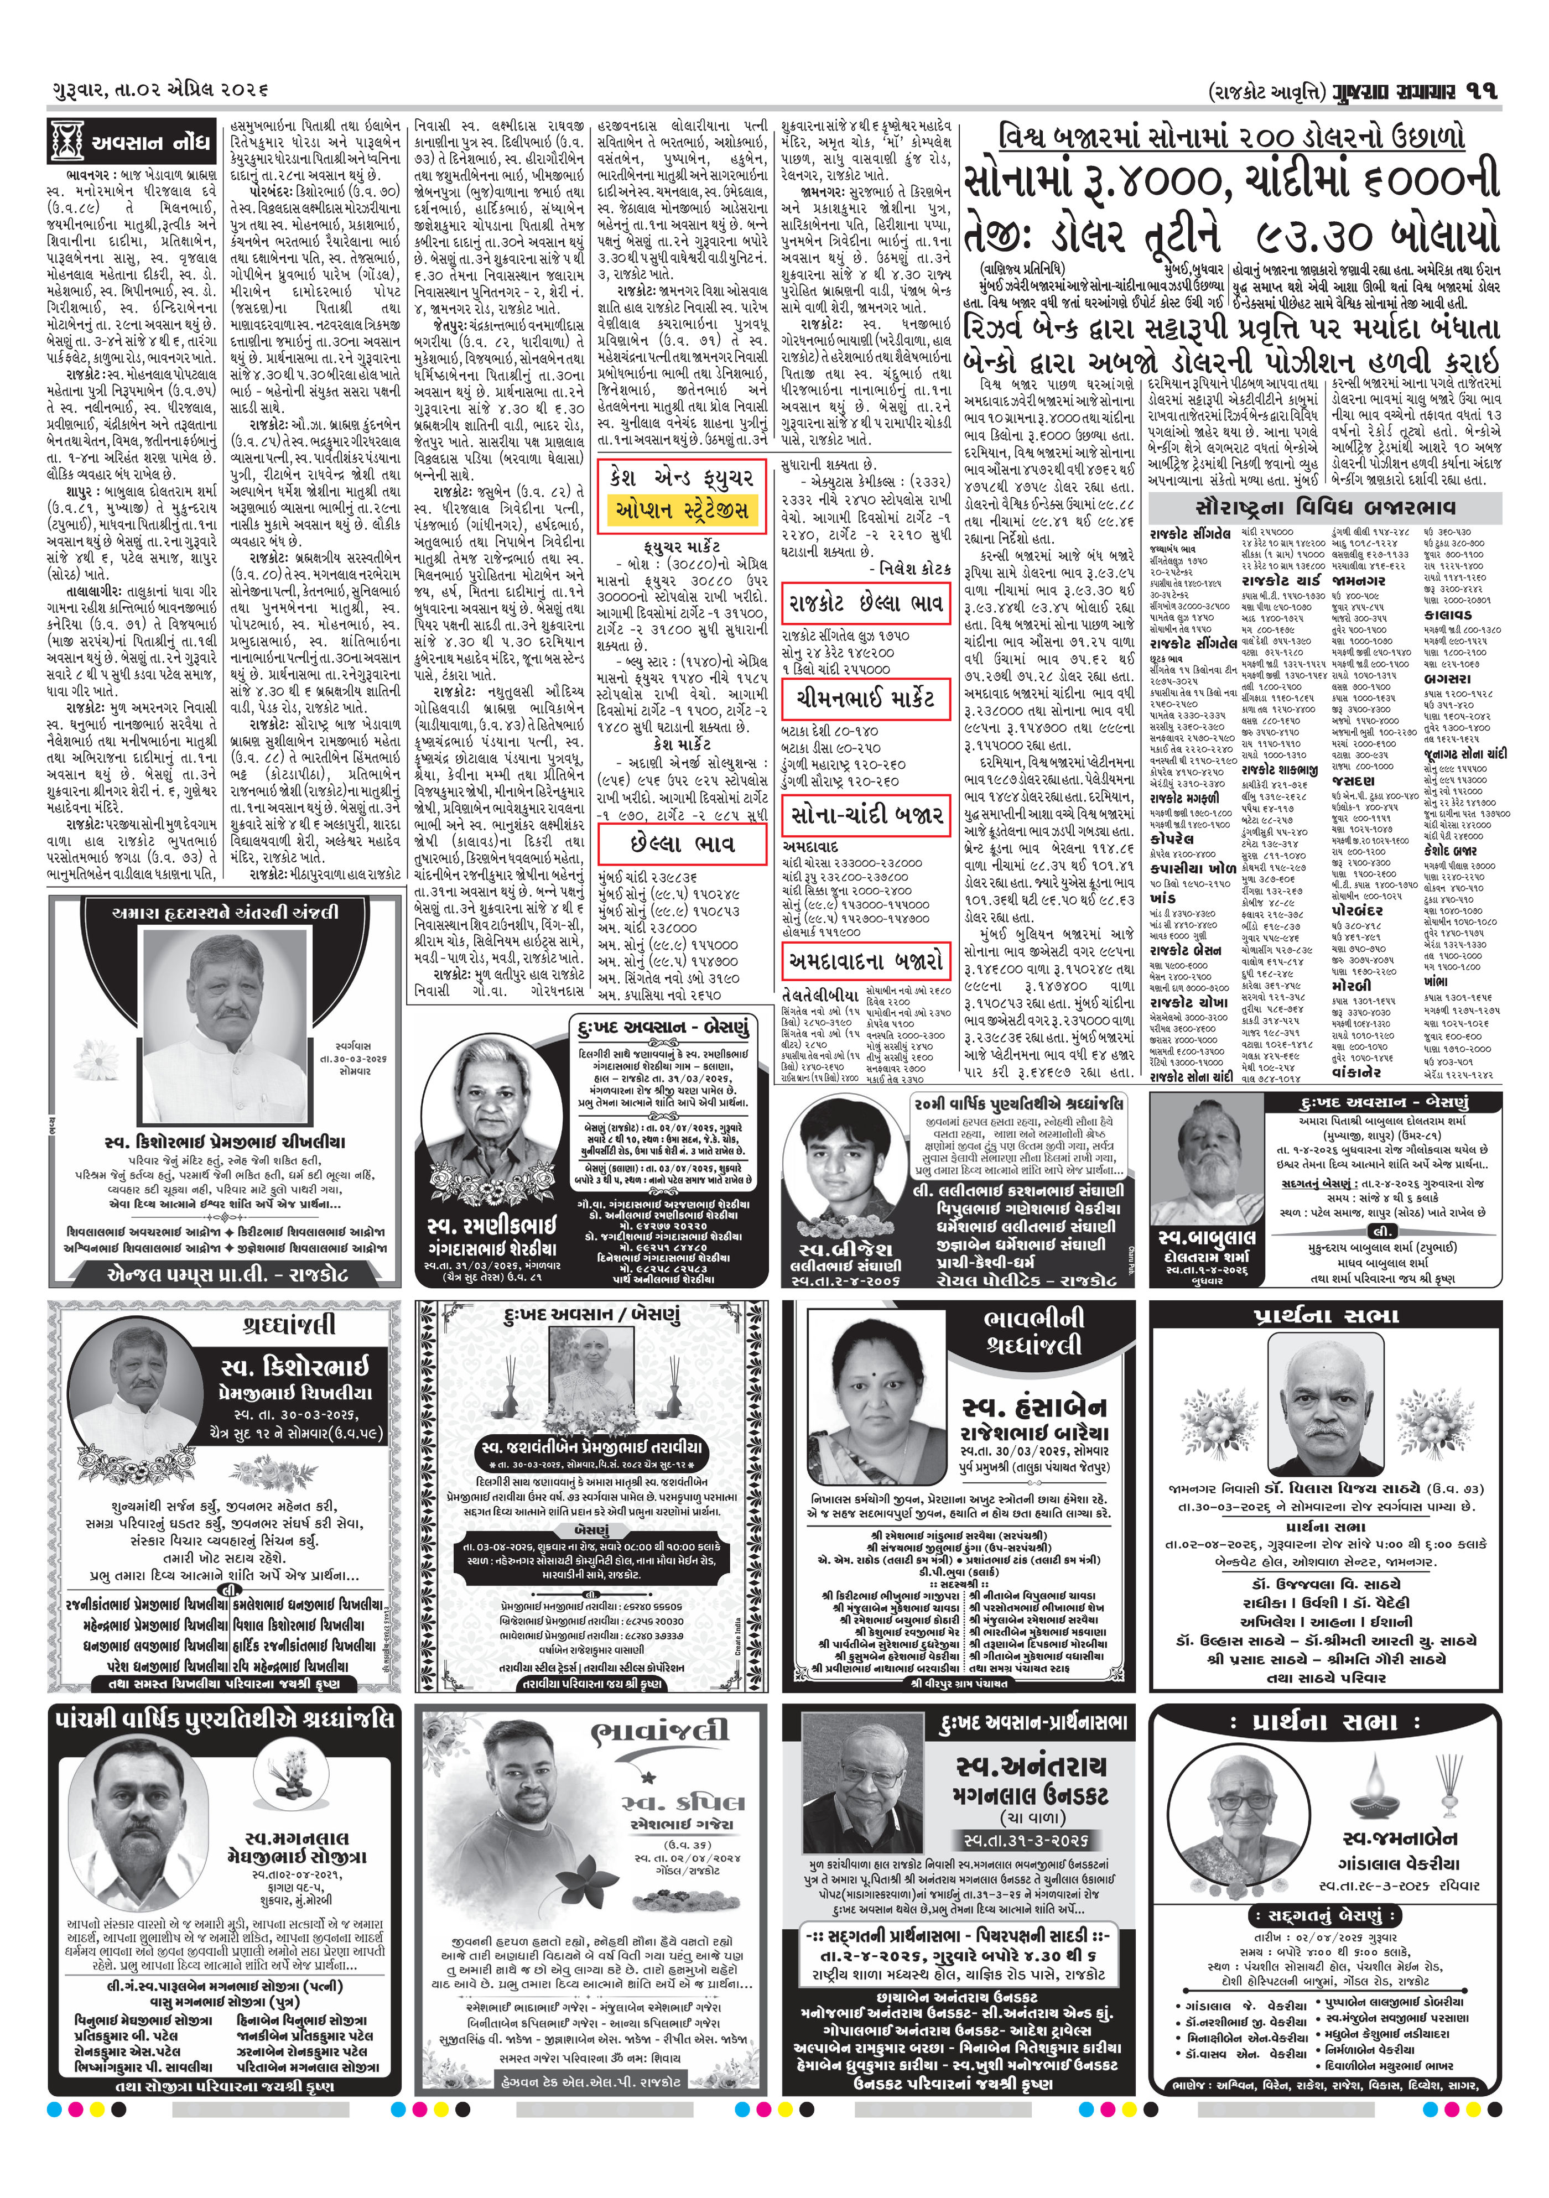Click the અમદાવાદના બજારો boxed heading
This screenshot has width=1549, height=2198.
click(865, 959)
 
